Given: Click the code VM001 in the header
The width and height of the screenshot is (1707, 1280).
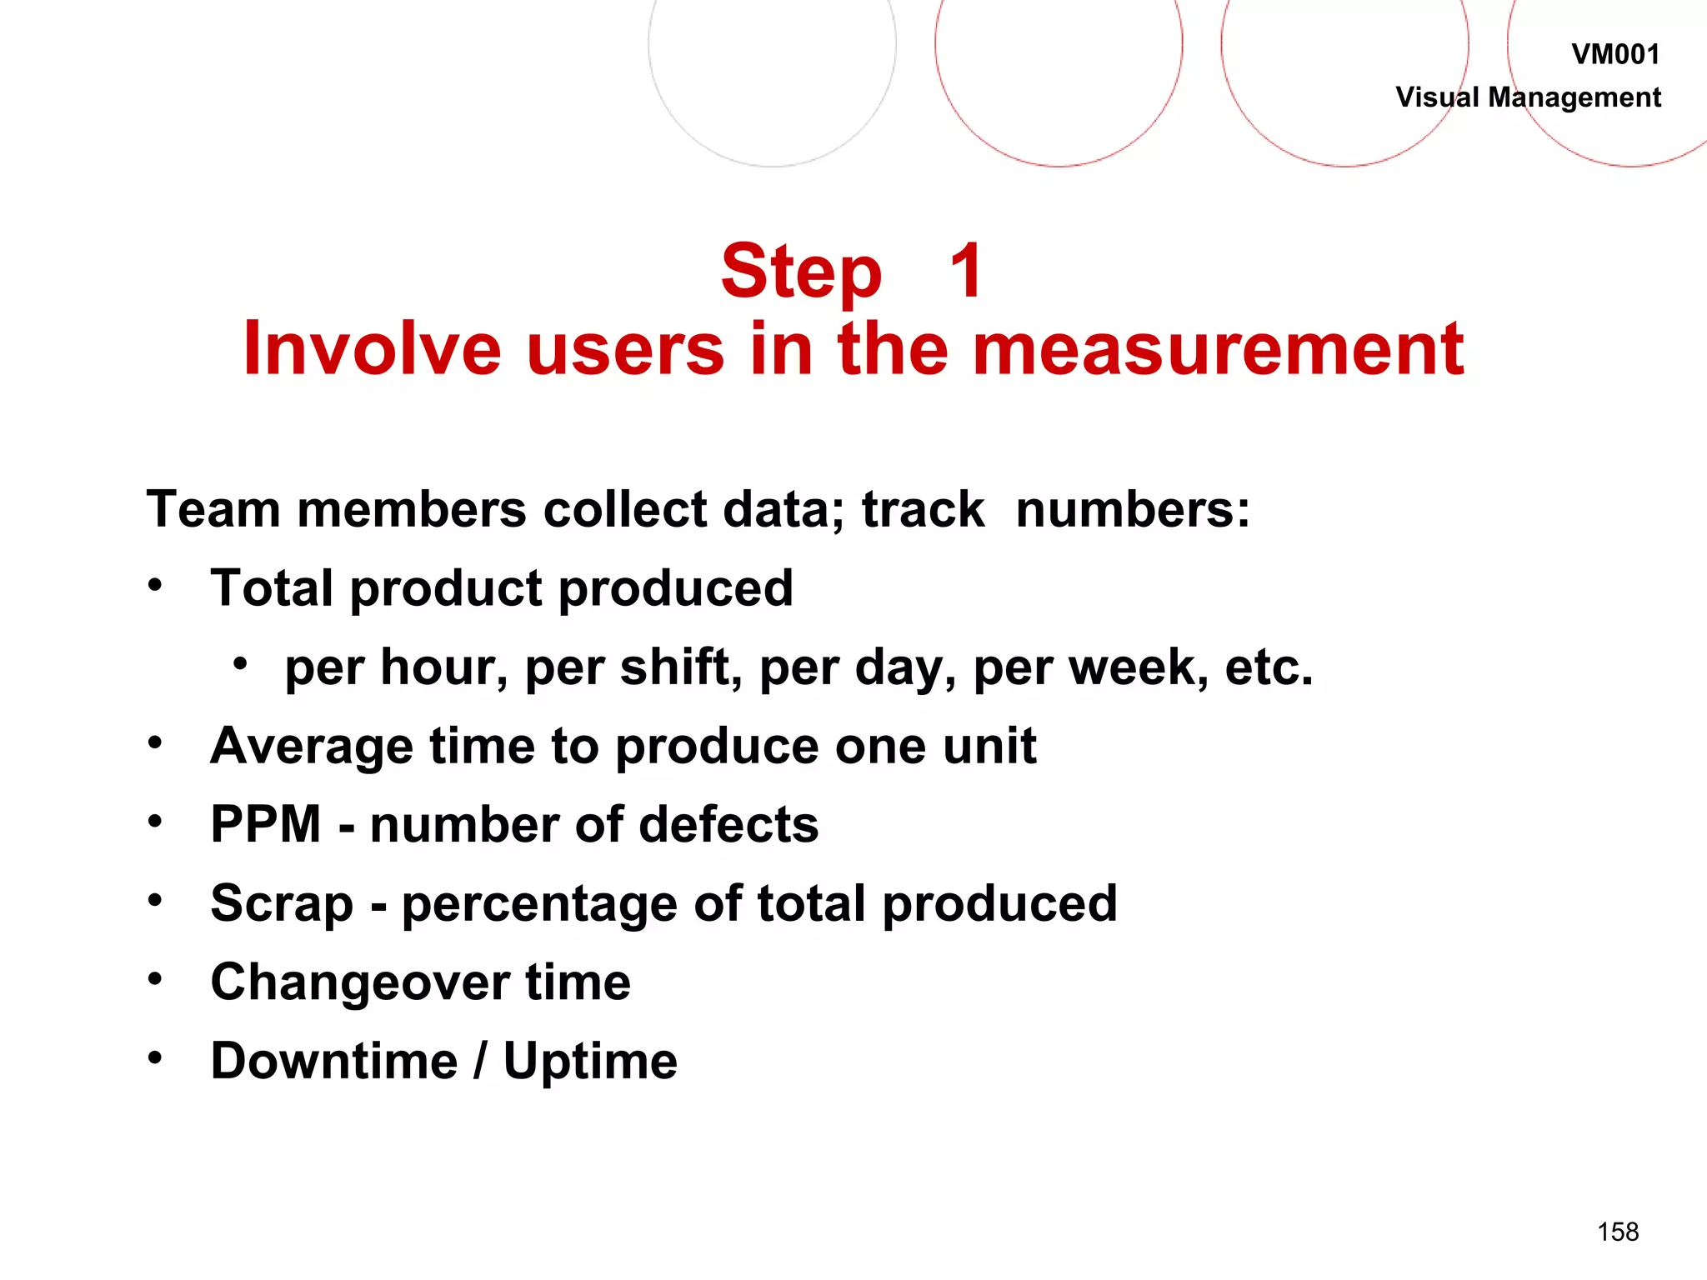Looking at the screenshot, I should [x=1615, y=55].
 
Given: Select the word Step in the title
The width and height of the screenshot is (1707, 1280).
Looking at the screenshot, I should [x=801, y=272].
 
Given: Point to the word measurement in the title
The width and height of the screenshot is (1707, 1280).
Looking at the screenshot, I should [x=1218, y=349].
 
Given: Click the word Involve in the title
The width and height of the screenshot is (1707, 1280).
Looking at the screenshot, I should [x=372, y=349].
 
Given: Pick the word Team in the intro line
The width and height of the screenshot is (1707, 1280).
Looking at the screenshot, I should [x=213, y=509].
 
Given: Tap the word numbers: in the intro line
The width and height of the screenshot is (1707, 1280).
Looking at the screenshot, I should [x=1133, y=509].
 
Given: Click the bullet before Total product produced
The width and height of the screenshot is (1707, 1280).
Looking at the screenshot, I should [x=155, y=586].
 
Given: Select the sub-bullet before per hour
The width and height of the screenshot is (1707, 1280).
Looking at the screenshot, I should [x=240, y=664].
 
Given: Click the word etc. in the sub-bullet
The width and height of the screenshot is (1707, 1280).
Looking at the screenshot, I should [x=1269, y=667].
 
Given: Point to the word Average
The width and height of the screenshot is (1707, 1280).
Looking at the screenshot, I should [x=311, y=746].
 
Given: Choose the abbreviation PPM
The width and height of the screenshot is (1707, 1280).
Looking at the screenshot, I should [x=266, y=825].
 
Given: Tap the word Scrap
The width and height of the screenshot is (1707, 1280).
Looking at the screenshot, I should [x=282, y=905].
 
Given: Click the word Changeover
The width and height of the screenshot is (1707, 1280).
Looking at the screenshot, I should [x=359, y=982].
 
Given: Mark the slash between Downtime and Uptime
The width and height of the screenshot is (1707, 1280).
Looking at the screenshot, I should [x=480, y=1062].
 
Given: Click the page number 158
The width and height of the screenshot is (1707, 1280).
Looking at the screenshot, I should [x=1618, y=1232].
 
